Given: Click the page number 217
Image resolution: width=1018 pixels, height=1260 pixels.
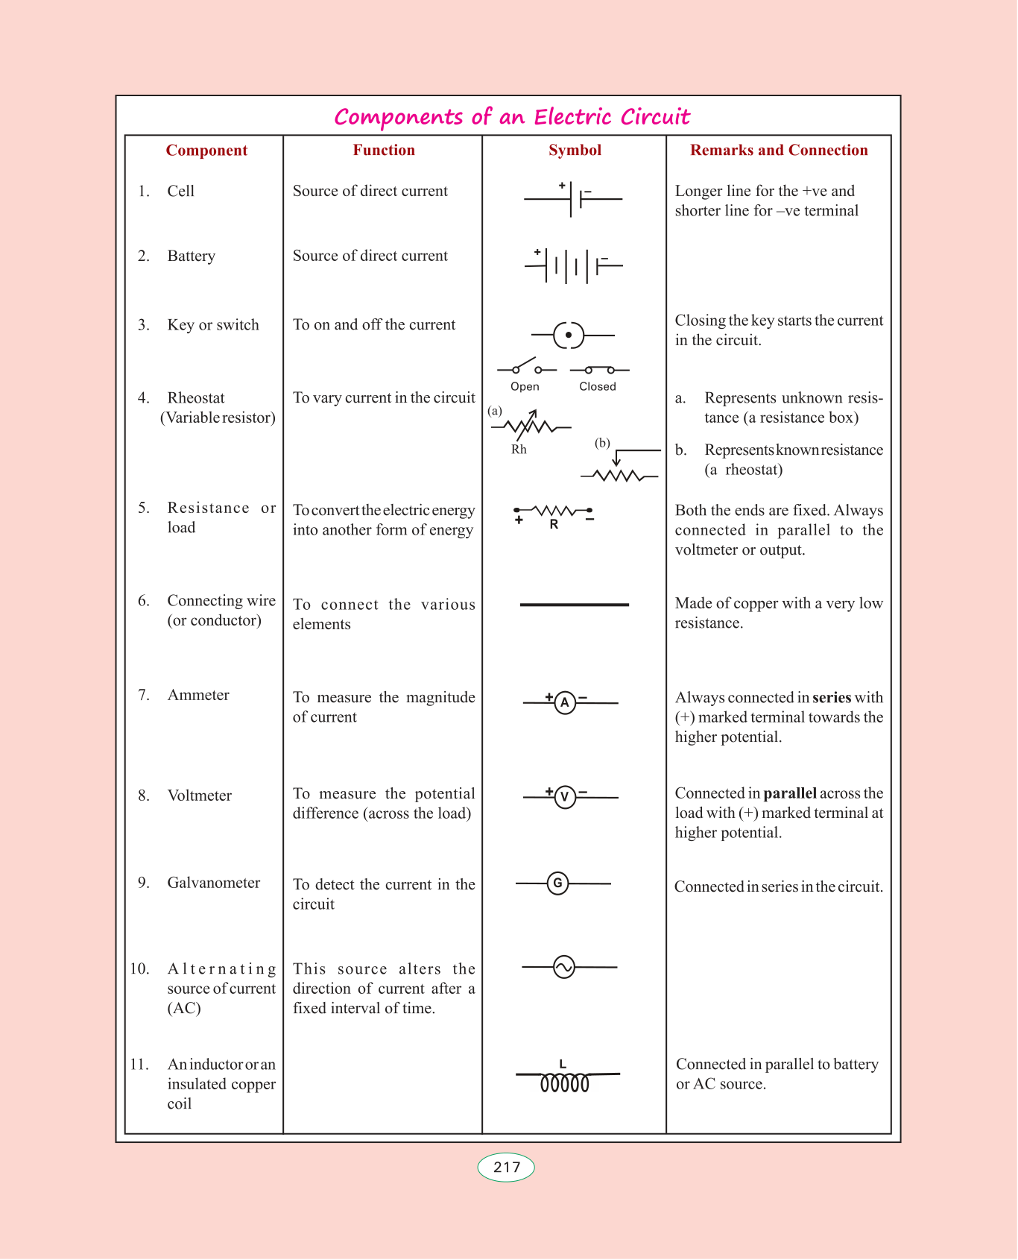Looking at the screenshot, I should [506, 1167].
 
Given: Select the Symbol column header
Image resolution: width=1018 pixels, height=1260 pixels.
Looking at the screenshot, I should [575, 150].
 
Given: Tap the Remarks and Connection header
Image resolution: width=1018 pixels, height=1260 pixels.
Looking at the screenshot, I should [779, 150].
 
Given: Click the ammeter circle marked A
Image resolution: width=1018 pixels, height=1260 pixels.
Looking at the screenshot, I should [565, 702].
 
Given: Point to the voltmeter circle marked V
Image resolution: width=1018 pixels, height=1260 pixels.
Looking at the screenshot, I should [565, 798].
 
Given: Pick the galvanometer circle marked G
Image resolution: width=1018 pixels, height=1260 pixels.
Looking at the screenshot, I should [557, 883].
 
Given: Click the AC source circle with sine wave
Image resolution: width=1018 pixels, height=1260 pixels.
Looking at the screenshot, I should [564, 968].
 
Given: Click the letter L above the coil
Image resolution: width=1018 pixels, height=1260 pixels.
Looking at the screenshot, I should [563, 1064].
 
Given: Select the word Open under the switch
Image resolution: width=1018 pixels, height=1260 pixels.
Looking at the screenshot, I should [525, 386].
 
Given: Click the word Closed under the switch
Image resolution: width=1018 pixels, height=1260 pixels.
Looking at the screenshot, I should [598, 386].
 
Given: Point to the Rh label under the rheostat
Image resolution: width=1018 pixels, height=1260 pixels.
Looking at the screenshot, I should [519, 450].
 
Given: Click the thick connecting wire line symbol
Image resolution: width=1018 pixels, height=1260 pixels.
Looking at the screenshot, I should [574, 605].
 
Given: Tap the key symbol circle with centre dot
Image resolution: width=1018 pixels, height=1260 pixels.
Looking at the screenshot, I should [569, 336].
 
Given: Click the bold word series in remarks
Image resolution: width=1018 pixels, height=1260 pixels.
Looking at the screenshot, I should [832, 698].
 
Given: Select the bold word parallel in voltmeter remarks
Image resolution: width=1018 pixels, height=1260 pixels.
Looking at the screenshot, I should [790, 793].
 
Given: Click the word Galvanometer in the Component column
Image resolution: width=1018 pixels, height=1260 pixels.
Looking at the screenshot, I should [214, 883].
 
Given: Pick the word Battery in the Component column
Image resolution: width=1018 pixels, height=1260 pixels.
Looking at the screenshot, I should [192, 256].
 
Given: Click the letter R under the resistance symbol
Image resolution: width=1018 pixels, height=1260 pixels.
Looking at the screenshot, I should [554, 524].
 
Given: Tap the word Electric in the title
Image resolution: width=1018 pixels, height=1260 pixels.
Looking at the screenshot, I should [574, 117].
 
